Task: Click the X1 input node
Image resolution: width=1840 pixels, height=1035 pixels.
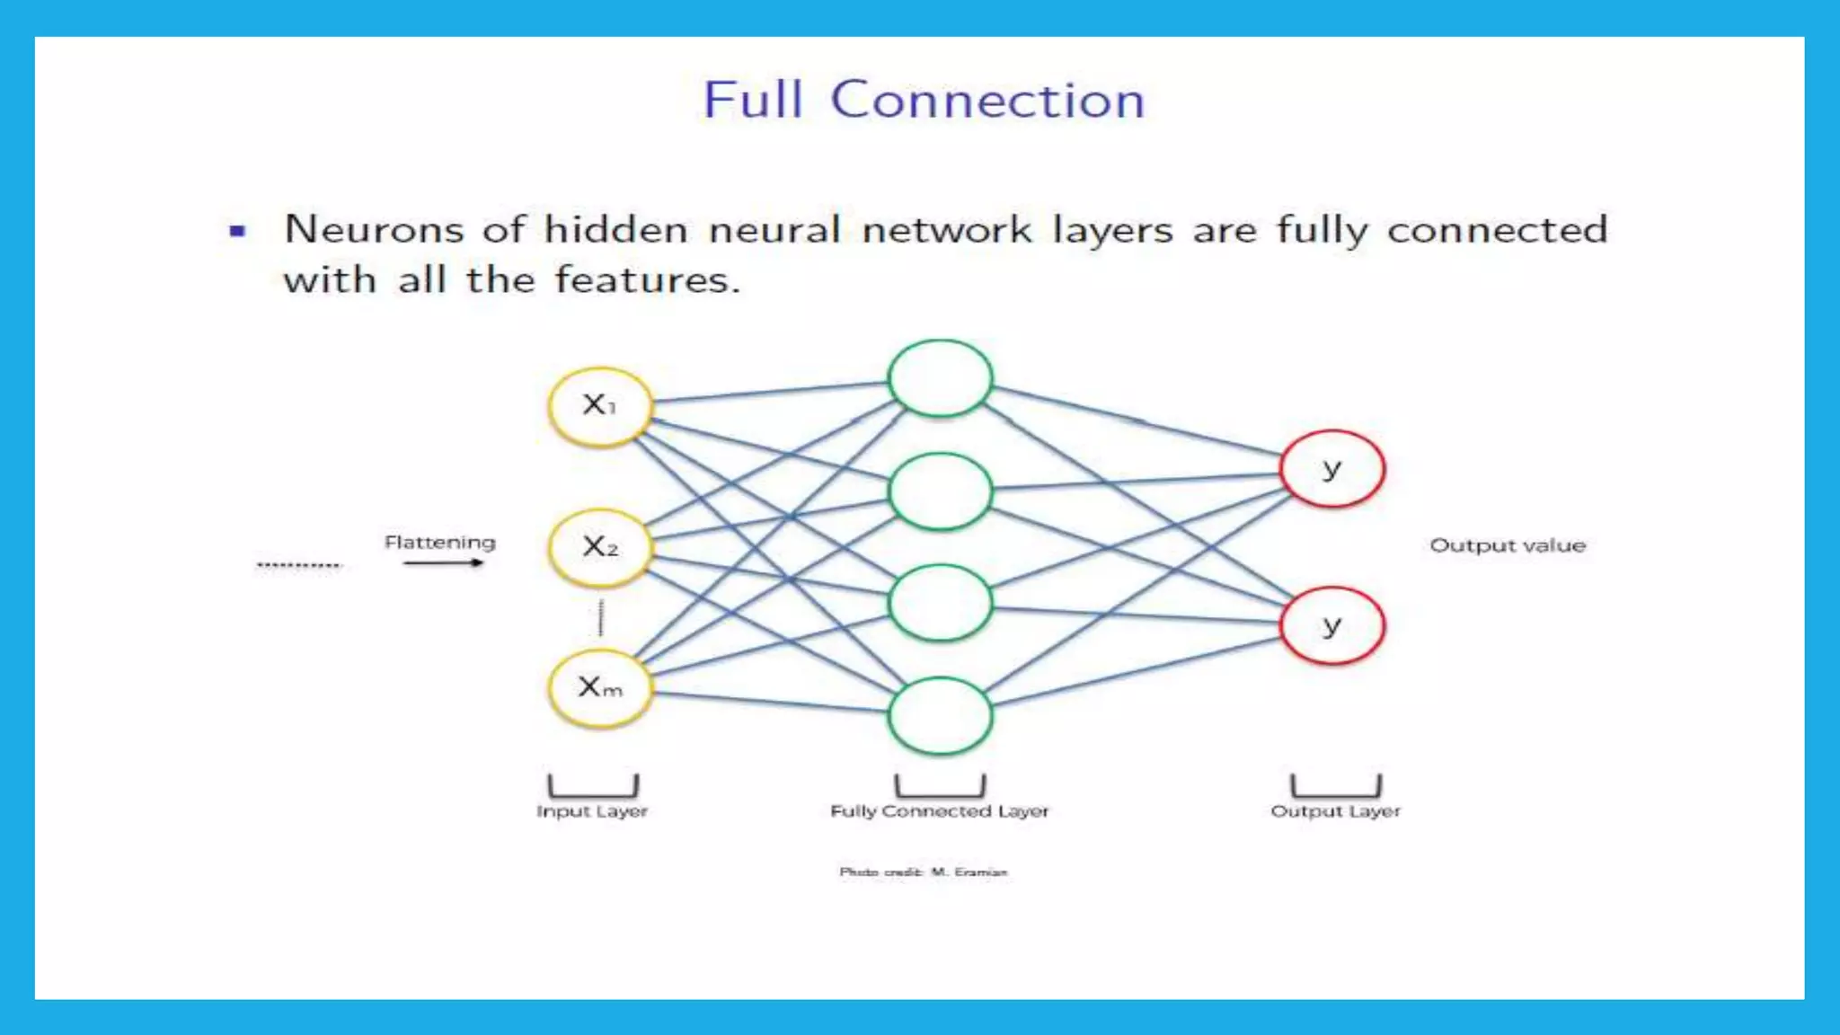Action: pos(599,406)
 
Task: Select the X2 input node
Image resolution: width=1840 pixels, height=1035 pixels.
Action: pos(599,547)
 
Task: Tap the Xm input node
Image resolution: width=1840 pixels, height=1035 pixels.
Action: pos(599,688)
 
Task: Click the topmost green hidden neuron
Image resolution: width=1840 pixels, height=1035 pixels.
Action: pos(940,378)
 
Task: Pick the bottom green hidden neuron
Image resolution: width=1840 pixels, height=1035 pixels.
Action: pos(940,716)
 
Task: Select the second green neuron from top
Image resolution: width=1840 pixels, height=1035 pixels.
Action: pos(940,491)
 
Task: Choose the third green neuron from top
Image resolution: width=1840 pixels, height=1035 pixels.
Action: pos(940,603)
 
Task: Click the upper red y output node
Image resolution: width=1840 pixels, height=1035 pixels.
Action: pos(1331,469)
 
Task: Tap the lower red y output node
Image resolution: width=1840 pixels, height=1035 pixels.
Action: pos(1331,626)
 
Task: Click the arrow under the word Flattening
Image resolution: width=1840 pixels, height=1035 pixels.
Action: pos(443,563)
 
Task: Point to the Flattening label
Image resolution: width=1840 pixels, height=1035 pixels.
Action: pos(439,543)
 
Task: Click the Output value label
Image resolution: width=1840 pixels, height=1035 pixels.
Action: pos(1507,545)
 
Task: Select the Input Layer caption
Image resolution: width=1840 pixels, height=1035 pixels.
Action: pos(591,811)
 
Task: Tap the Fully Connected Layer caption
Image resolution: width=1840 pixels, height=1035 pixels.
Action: pos(939,811)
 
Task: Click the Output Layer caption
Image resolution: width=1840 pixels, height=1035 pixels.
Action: pos(1335,811)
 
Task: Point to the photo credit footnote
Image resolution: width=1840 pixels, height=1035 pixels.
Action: pos(923,871)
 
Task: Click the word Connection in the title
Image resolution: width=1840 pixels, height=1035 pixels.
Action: pos(987,100)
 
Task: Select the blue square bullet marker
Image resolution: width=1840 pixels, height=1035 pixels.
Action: pos(237,231)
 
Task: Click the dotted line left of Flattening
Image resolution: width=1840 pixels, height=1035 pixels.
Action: pos(298,565)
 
